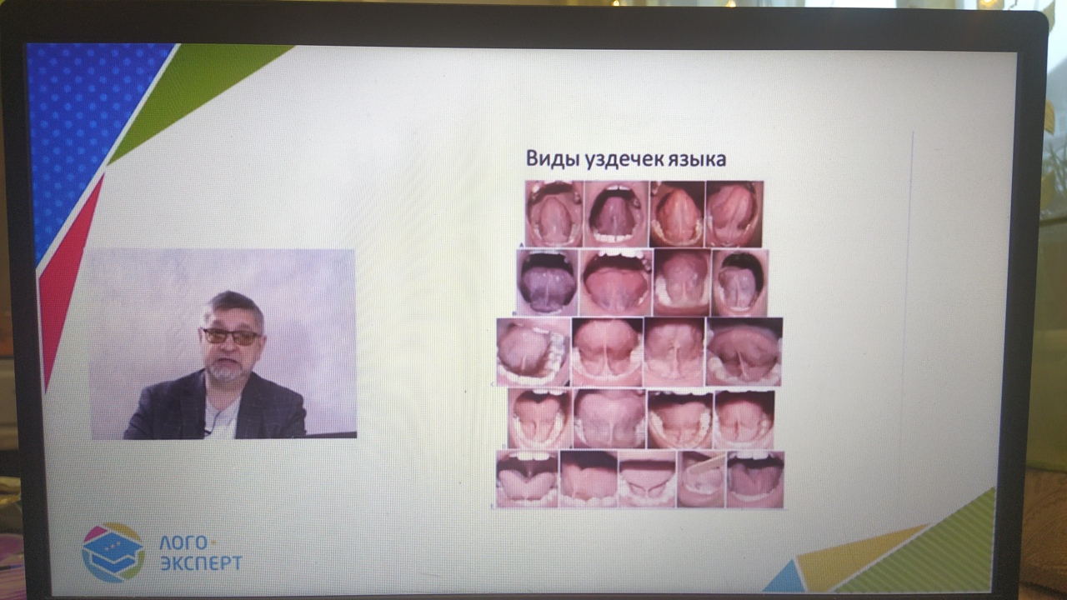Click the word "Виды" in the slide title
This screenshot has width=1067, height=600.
pos(547,158)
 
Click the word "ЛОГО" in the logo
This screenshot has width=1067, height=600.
pos(180,543)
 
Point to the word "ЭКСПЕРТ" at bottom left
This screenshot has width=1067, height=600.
pos(201,563)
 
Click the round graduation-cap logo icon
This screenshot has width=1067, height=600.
pos(113,552)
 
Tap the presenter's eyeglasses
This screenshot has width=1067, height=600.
pos(230,336)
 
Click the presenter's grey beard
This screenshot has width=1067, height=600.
pos(225,370)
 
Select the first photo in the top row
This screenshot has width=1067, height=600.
pos(554,214)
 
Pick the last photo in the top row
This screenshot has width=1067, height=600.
pos(734,214)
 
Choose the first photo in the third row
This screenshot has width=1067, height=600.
pos(533,352)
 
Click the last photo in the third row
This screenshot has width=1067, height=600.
pos(744,352)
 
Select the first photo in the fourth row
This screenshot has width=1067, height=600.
pos(539,419)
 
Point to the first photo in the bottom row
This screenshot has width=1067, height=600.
pos(527,479)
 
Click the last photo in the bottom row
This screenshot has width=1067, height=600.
pos(754,479)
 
